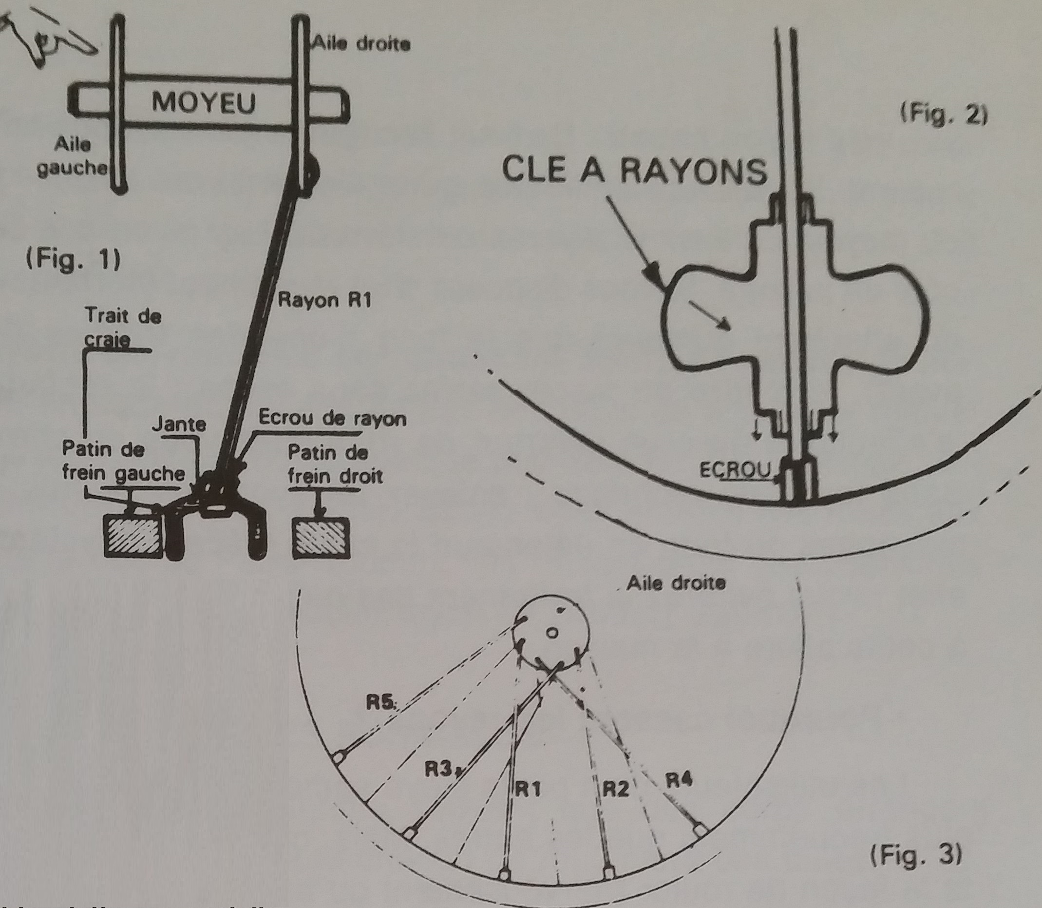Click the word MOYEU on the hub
(x=203, y=103)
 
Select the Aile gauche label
(x=73, y=156)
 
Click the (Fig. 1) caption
(x=74, y=260)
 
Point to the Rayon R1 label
(x=324, y=300)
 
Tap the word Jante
(x=179, y=423)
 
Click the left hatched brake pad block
(x=133, y=535)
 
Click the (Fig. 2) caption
(x=944, y=116)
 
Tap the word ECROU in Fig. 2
(x=735, y=471)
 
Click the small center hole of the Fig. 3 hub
(x=552, y=633)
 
